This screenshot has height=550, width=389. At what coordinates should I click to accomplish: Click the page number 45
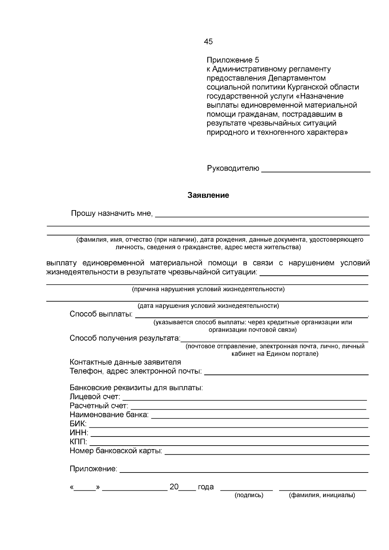[x=208, y=42]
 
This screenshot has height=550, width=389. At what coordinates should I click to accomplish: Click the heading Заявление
[x=208, y=195]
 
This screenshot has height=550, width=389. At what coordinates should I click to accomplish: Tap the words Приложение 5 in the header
[x=233, y=60]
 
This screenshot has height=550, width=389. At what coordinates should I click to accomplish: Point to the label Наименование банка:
[x=109, y=415]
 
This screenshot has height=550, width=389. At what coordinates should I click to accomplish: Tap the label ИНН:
[x=79, y=433]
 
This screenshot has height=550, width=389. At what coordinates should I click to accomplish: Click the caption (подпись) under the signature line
[x=249, y=495]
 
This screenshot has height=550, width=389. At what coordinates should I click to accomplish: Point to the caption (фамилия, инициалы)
[x=322, y=495]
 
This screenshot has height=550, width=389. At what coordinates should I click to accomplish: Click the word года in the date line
[x=206, y=487]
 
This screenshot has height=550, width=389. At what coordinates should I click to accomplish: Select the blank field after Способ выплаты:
[x=251, y=315]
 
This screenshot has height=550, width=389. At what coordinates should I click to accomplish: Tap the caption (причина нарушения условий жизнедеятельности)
[x=208, y=289]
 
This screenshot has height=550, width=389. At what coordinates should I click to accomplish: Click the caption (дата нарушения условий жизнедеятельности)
[x=208, y=306]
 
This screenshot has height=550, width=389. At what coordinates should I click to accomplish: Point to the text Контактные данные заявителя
[x=125, y=362]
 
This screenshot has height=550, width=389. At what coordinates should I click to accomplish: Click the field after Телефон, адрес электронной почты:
[x=286, y=372]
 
